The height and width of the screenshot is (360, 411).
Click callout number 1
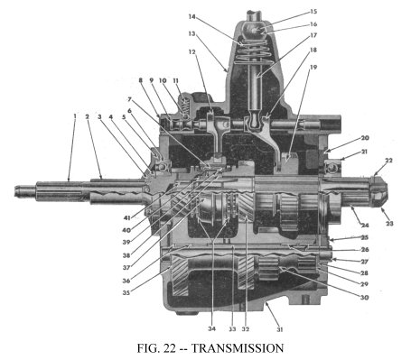pos(75,115)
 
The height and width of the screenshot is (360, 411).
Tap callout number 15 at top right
pos(313,12)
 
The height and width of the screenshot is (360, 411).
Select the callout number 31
pos(280,329)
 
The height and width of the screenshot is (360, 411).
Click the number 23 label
pos(389,224)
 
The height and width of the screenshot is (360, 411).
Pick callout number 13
pos(191,33)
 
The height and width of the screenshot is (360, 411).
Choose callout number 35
pos(126,292)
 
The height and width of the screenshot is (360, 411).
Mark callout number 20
pos(365,138)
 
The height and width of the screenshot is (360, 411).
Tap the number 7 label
pos(130,98)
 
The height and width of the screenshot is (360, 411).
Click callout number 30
pos(364,298)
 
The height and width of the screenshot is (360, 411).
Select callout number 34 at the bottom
pos(211,328)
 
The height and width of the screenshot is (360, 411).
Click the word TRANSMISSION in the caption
pos(238,348)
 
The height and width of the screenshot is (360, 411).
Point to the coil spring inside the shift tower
pos(252,51)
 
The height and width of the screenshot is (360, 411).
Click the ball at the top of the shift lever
pos(256,29)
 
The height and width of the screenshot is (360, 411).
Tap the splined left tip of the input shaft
pos(25,191)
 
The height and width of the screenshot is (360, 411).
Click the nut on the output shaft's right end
pos(378,191)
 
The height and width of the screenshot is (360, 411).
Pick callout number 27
pos(364,262)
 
